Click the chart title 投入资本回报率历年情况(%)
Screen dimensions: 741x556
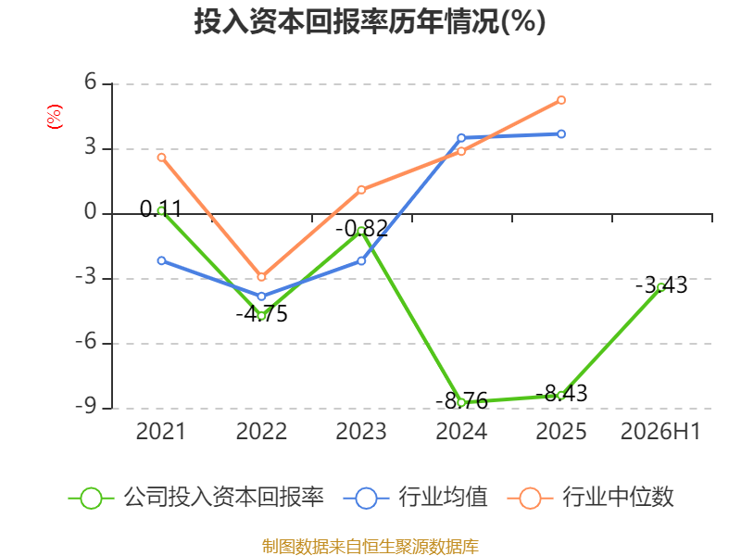pyautogui.click(x=370, y=21)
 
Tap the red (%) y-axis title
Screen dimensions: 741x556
pyautogui.click(x=55, y=117)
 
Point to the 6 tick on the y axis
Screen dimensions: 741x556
pyautogui.click(x=90, y=82)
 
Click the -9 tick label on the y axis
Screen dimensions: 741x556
pyautogui.click(x=86, y=406)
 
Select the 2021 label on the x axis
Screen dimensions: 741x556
pyautogui.click(x=160, y=431)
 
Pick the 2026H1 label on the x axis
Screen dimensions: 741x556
pyautogui.click(x=660, y=431)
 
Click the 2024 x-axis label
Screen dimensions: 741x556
pyautogui.click(x=461, y=431)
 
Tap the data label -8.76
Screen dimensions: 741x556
pyautogui.click(x=461, y=401)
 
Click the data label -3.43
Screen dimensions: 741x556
pyautogui.click(x=661, y=285)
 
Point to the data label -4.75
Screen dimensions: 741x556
pyautogui.click(x=261, y=314)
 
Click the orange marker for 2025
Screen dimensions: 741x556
pyautogui.click(x=561, y=100)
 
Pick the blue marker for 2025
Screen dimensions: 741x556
pyautogui.click(x=561, y=134)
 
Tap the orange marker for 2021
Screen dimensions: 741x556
pyautogui.click(x=161, y=158)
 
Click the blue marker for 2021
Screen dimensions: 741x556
pyautogui.click(x=161, y=260)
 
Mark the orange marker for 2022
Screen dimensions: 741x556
pyautogui.click(x=261, y=277)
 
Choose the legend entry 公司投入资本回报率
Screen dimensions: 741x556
pyautogui.click(x=195, y=498)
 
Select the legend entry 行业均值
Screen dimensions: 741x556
pyautogui.click(x=415, y=498)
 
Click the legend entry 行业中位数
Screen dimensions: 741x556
pyautogui.click(x=590, y=498)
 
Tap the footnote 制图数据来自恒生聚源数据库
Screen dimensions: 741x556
pyautogui.click(x=370, y=547)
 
